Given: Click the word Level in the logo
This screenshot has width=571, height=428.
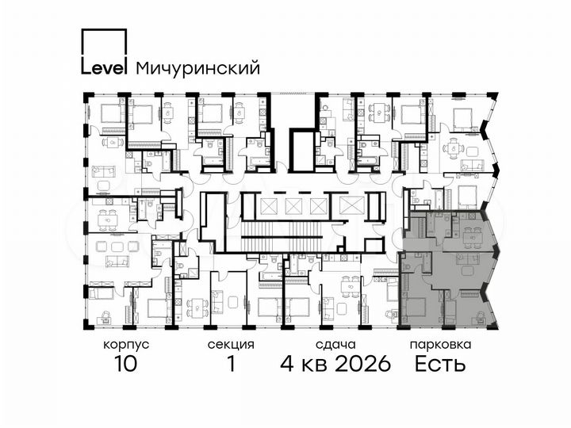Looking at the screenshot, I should tap(103, 68).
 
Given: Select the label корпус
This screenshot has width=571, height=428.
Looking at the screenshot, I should tap(125, 345).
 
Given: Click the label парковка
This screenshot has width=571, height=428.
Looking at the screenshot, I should tap(441, 345).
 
